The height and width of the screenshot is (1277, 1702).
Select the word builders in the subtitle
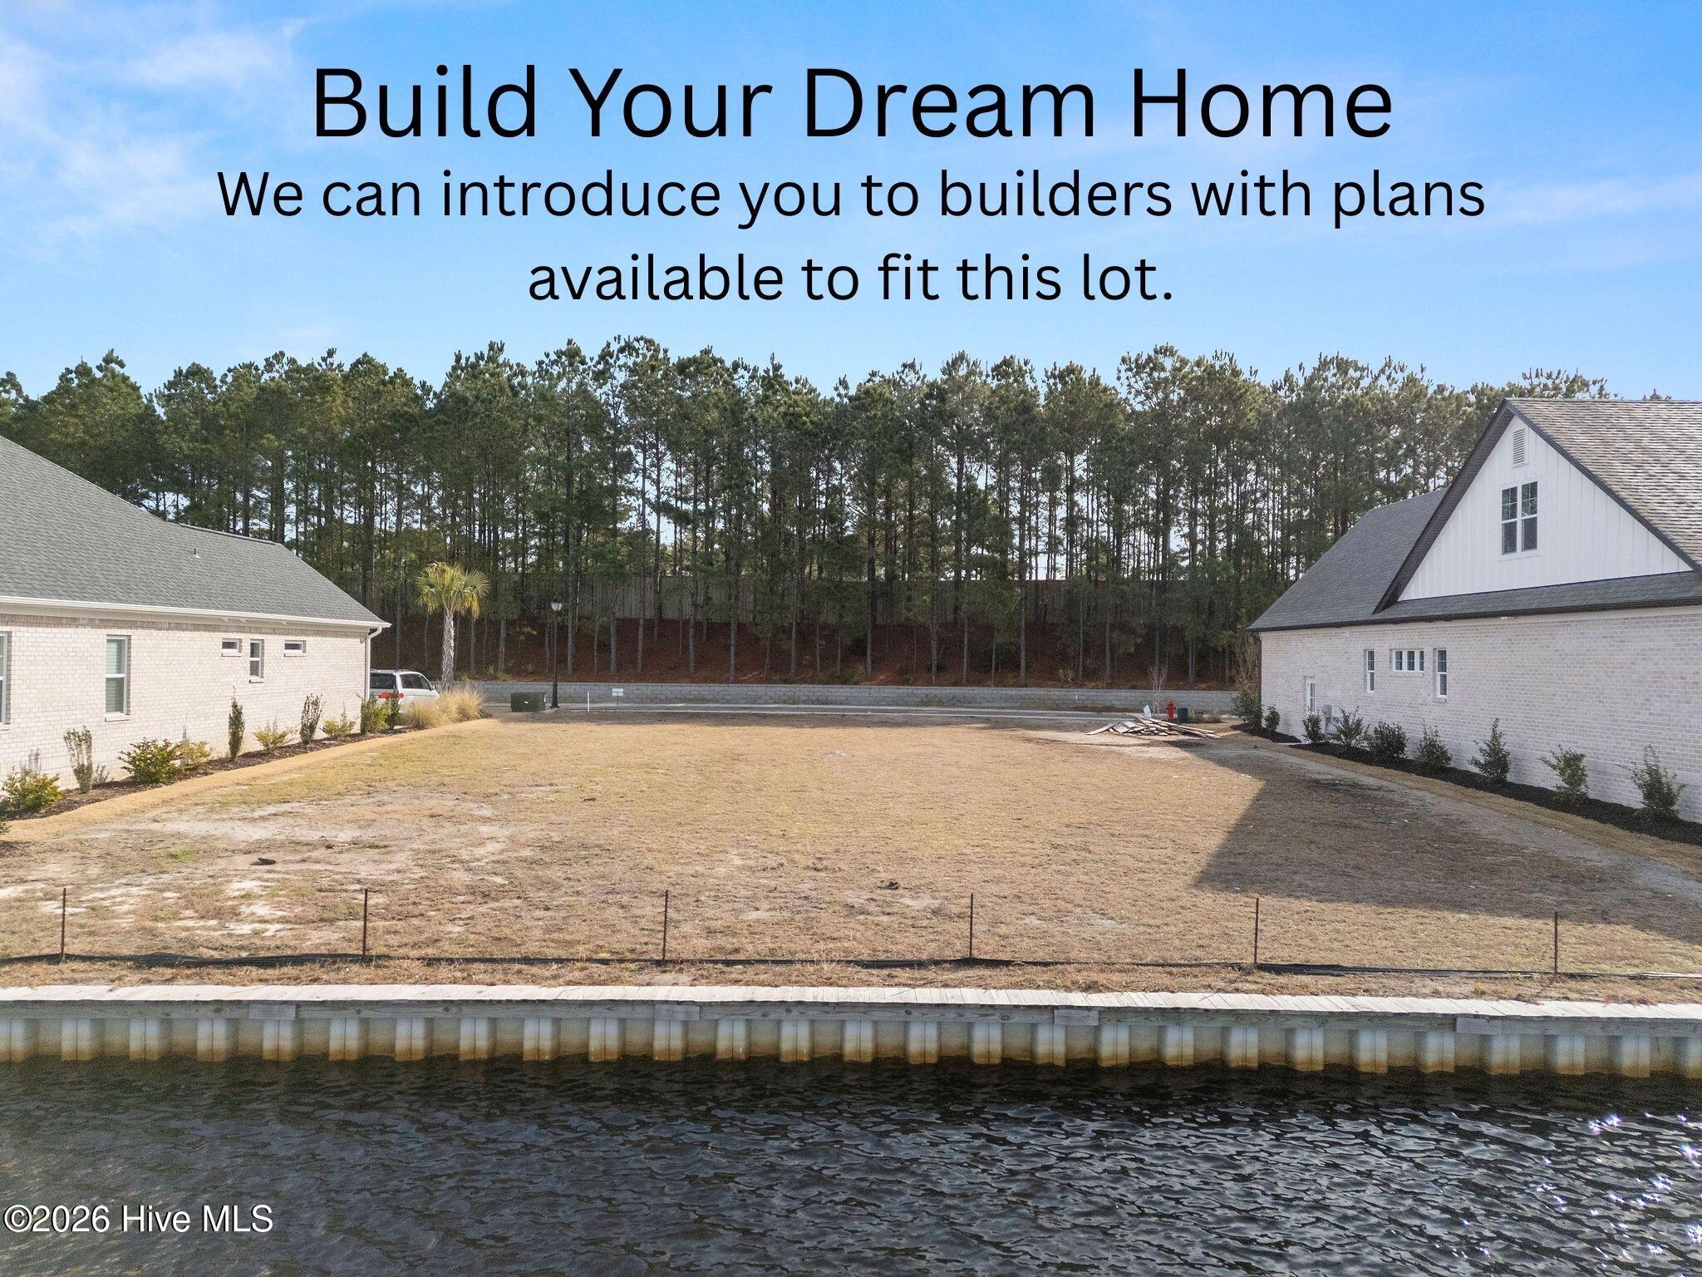1057,197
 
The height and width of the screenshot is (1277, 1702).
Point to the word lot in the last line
1137,280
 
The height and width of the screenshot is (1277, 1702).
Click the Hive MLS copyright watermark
138,1220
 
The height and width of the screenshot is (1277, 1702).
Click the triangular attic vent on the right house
1518,448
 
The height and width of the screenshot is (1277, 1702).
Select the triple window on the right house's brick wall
1409,661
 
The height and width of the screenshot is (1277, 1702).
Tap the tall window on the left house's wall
116,675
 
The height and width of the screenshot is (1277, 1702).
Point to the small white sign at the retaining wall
617,692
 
